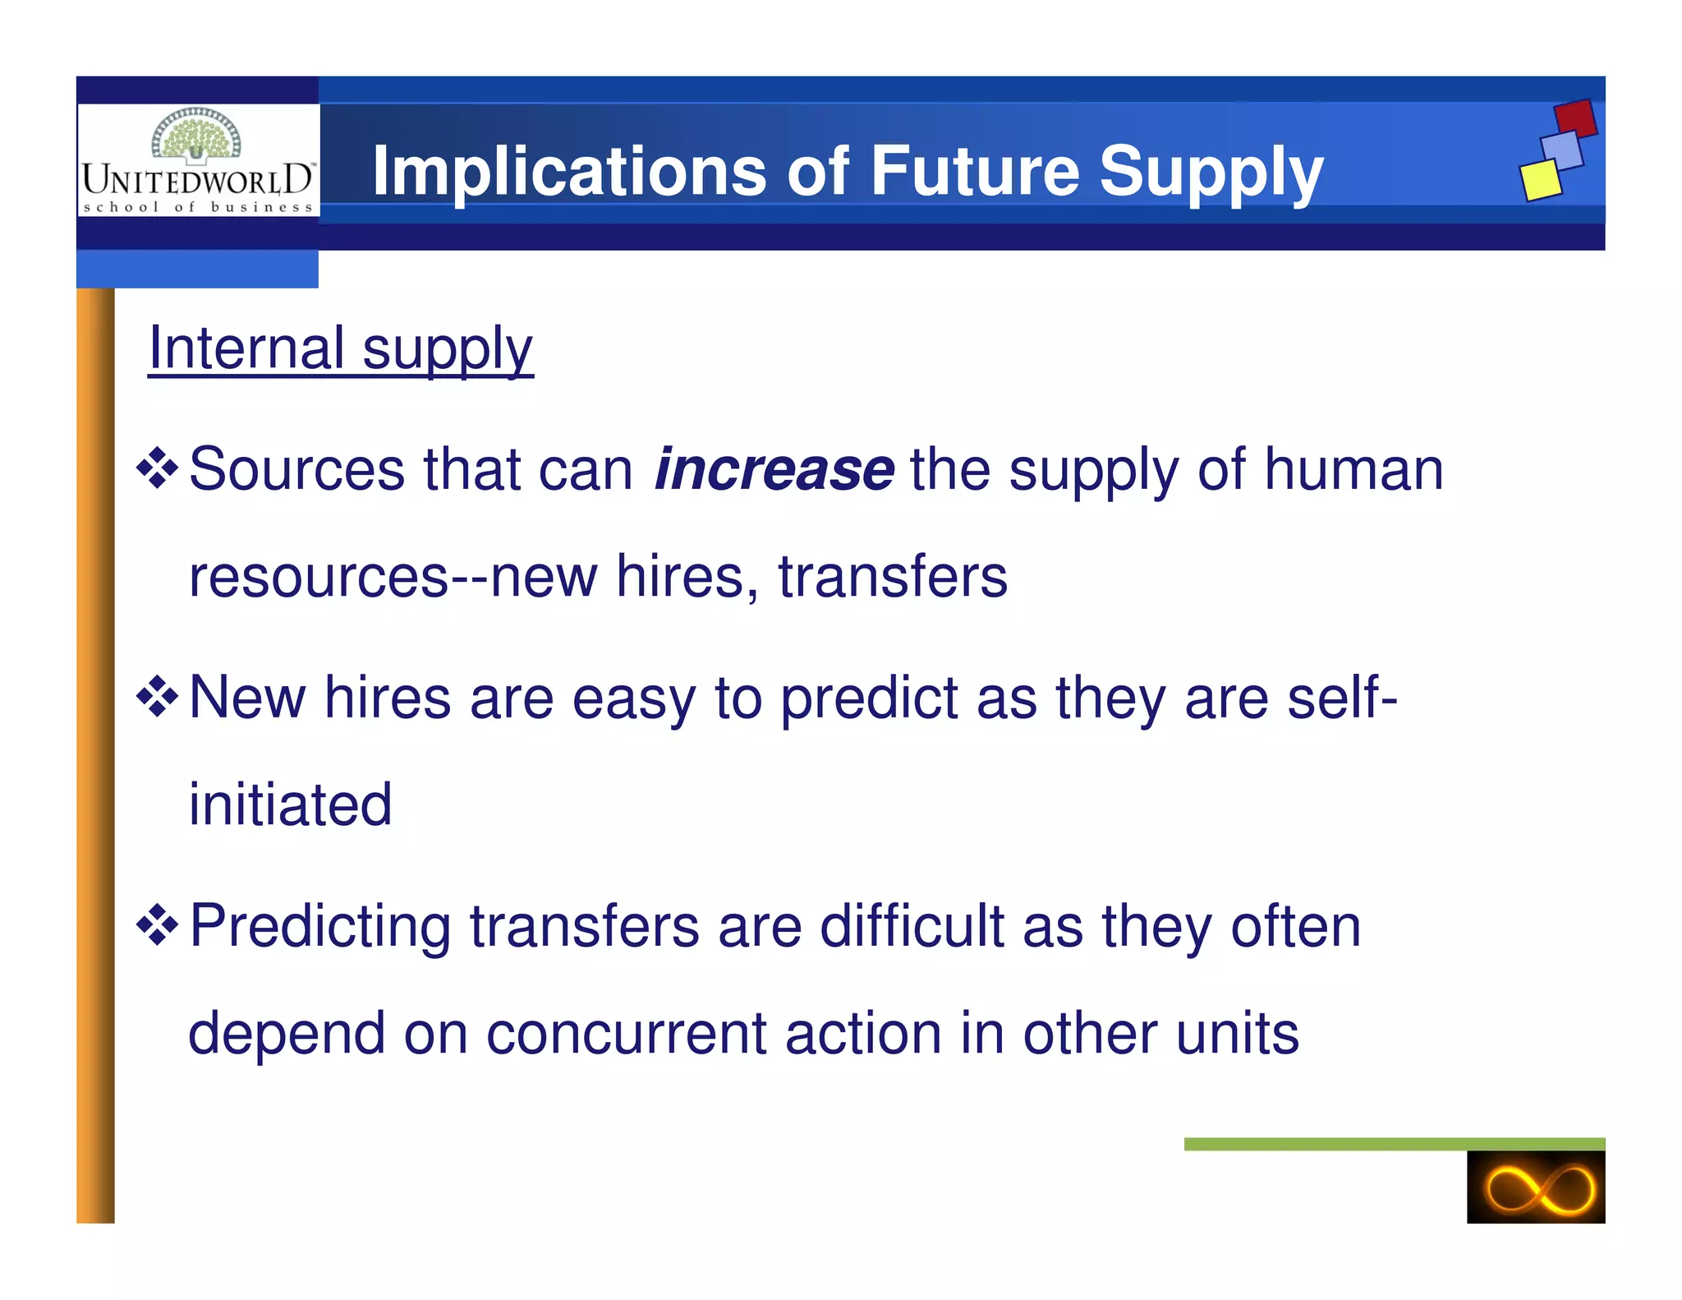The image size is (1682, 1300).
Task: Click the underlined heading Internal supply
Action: coord(341,348)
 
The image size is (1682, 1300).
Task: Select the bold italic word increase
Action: coord(774,469)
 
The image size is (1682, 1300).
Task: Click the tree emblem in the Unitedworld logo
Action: coord(196,135)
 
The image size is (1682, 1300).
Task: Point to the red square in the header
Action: coord(1575,118)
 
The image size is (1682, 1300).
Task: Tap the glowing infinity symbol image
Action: coord(1535,1187)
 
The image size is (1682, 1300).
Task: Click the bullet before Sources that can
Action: coord(157,469)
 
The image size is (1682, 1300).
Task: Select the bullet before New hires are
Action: coord(157,698)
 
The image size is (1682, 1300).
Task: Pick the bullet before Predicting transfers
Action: coord(157,926)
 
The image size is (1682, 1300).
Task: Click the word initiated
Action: coord(291,804)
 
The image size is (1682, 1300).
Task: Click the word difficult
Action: coord(912,926)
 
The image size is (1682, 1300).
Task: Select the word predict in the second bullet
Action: coord(868,698)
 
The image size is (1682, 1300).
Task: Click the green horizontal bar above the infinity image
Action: coord(1394,1144)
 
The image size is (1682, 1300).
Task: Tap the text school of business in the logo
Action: coord(198,207)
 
